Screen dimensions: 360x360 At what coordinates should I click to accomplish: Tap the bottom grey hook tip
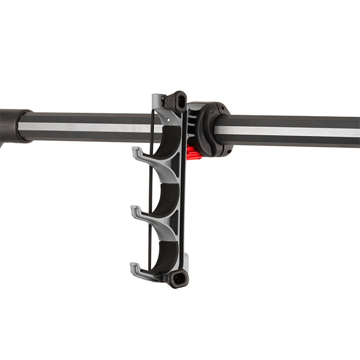pos(134,267)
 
